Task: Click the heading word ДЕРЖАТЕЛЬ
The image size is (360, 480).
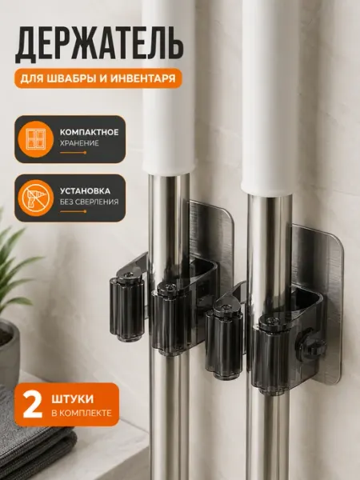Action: pos(99,45)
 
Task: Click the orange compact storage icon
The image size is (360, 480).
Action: pos(36,139)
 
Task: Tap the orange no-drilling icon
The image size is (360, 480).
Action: pos(36,198)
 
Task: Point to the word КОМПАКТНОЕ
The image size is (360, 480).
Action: pos(89,133)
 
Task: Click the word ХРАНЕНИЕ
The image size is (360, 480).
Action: pos(79,143)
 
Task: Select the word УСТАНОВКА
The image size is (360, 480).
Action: pos(85,191)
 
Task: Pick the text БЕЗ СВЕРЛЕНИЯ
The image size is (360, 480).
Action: pos(89,202)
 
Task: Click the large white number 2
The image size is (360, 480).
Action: pos(33,405)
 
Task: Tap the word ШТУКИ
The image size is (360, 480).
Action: pos(73,399)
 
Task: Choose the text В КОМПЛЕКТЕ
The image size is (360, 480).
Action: pos(82,414)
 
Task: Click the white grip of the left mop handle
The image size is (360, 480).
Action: pos(168,89)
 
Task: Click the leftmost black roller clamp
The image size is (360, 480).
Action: pos(126,307)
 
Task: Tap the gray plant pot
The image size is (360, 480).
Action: pos(9,352)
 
